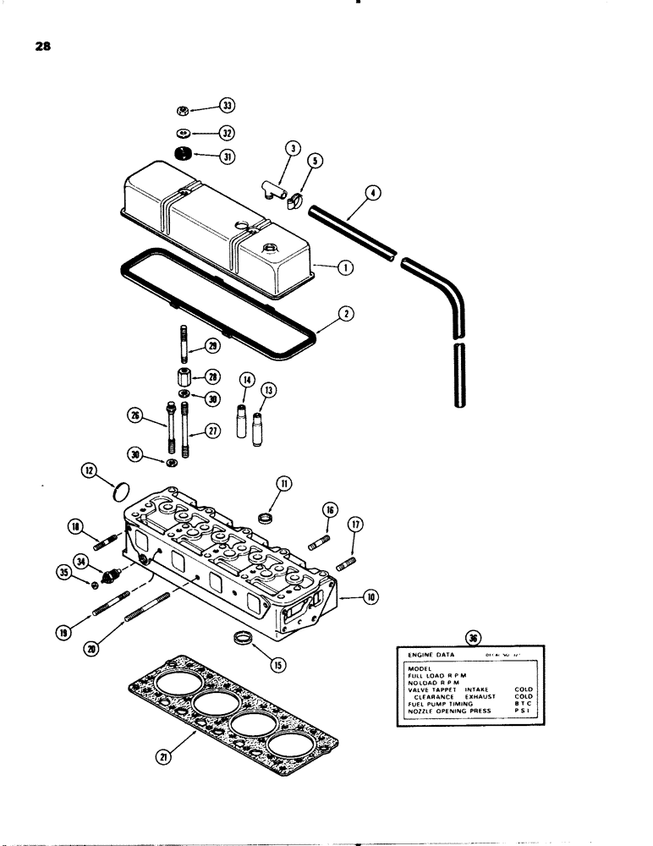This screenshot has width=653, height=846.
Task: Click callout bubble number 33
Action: click(227, 106)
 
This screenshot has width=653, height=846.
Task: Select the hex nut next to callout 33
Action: click(182, 111)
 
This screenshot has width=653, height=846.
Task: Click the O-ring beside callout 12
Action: click(122, 491)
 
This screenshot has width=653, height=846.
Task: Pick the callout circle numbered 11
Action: click(285, 485)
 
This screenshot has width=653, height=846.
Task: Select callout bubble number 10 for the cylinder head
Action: click(369, 597)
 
